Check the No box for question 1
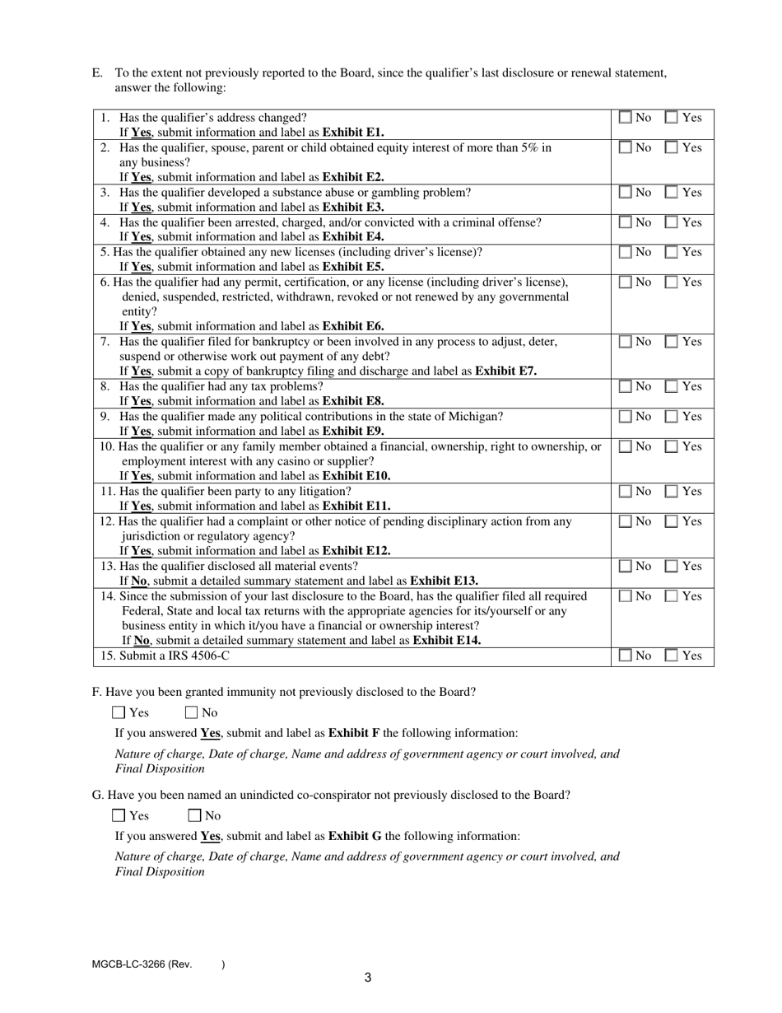(626, 118)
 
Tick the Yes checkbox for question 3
(672, 193)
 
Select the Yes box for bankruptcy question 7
(672, 342)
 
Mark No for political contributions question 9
(626, 417)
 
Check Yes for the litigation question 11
(672, 492)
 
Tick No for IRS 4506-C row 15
(626, 656)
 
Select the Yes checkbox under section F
(119, 713)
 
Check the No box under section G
(195, 816)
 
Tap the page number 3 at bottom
(368, 978)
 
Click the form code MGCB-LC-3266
(128, 964)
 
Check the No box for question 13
(626, 567)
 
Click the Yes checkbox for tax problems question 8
(672, 387)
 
